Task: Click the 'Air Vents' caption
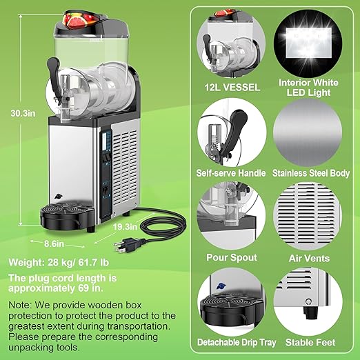(x=310, y=258)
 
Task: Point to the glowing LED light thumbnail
(x=310, y=43)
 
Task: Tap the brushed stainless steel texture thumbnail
(x=310, y=132)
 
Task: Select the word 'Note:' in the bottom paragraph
(x=21, y=303)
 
